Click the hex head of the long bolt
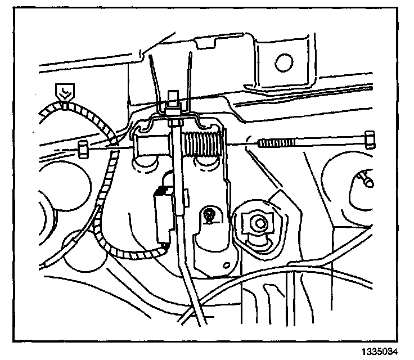pos(370,138)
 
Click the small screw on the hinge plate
pos(209,214)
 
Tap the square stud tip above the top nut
pos(173,96)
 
